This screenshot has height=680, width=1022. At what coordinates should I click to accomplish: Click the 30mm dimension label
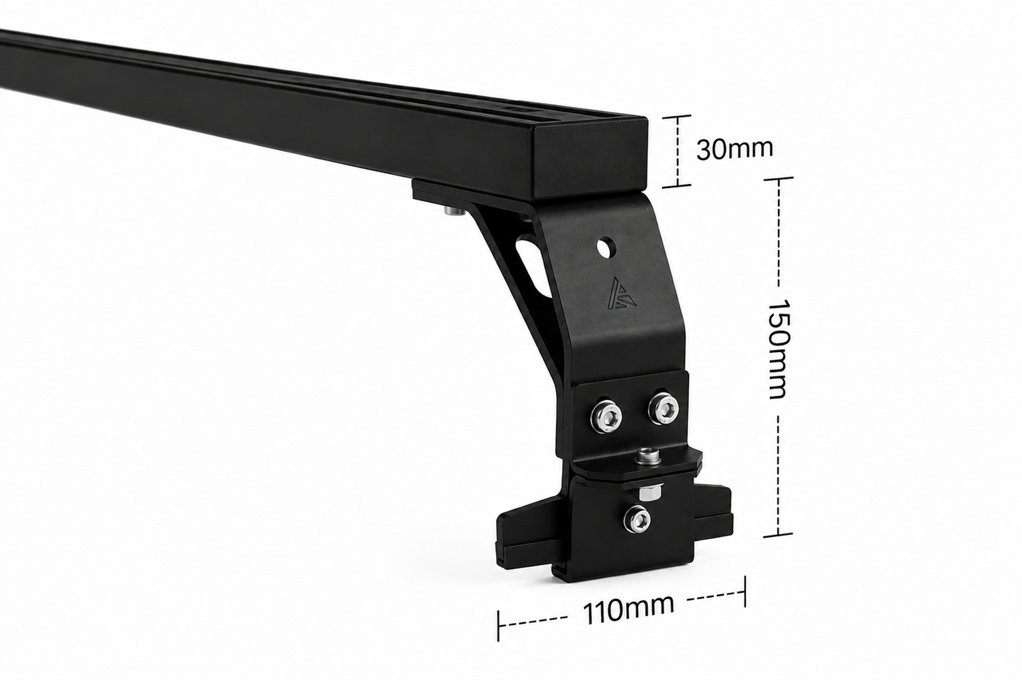tap(734, 149)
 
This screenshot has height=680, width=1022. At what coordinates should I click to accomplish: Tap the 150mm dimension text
tap(779, 350)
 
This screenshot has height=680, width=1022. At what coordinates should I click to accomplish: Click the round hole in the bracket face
tap(607, 247)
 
